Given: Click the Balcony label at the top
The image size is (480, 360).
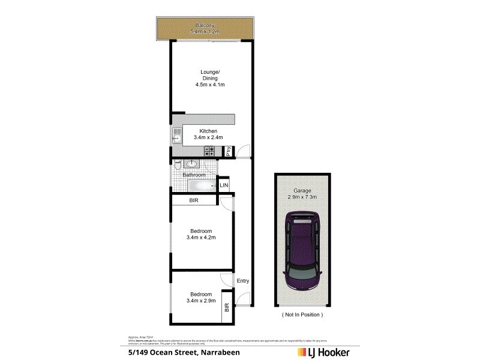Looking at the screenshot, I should click(x=206, y=25).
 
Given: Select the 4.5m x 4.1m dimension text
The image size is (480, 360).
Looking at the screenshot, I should click(x=209, y=85).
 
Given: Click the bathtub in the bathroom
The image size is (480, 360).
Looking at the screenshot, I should click(x=198, y=186).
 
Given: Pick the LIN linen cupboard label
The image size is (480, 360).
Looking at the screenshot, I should click(x=224, y=185).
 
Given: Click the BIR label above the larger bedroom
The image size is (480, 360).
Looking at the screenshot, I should click(x=194, y=200).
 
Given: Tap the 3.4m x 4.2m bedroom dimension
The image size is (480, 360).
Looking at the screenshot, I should click(x=201, y=238).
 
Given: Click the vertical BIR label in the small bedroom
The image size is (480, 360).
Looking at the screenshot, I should click(x=227, y=308).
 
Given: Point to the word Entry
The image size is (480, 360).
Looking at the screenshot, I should click(x=243, y=281).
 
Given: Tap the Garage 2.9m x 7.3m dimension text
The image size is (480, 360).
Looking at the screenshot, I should click(x=302, y=197).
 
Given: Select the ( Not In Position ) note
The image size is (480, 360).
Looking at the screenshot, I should click(x=302, y=314).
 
